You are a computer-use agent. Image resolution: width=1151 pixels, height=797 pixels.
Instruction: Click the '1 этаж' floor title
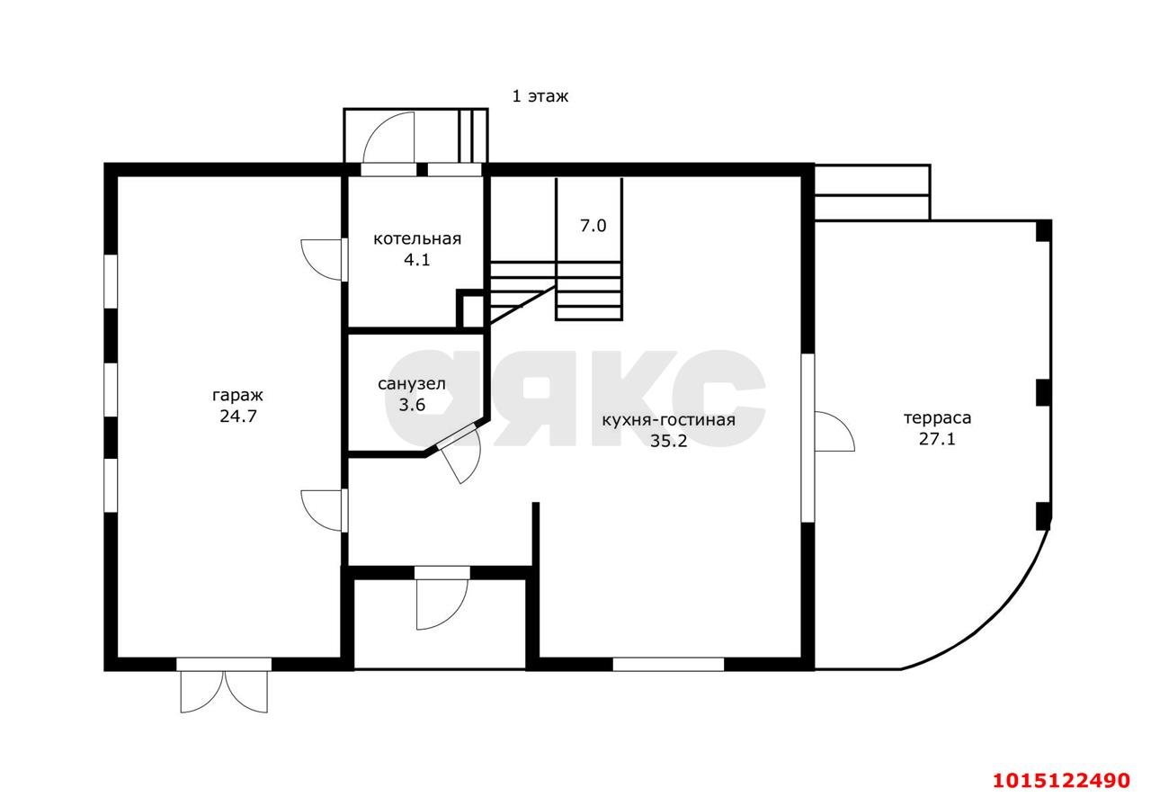click(540, 96)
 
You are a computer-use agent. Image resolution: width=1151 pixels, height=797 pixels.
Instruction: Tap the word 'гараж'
click(237, 396)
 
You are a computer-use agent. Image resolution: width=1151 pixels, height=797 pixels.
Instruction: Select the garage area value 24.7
click(238, 416)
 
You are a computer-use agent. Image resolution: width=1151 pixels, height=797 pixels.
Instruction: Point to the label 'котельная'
click(416, 239)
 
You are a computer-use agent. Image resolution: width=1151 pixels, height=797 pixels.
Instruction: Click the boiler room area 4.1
click(416, 260)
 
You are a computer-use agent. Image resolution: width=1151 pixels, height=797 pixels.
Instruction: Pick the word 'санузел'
click(412, 384)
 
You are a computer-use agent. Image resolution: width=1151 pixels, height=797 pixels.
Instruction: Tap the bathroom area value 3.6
click(412, 405)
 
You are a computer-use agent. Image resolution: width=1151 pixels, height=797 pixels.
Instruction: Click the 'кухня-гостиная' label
click(668, 420)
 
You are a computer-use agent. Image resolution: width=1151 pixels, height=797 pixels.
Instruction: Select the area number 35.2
click(668, 441)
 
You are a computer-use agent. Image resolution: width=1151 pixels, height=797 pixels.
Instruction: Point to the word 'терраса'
click(937, 418)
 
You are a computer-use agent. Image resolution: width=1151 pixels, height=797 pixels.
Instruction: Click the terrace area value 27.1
click(937, 439)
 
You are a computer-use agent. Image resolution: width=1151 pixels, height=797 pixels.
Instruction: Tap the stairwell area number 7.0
click(593, 226)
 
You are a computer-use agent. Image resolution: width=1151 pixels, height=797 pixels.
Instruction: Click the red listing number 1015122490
click(1061, 780)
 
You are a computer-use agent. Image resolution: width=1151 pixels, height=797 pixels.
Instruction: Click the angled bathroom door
click(459, 453)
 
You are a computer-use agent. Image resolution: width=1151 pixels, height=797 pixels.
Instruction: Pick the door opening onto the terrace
click(834, 432)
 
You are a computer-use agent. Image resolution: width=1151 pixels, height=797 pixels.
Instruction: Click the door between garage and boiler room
click(322, 260)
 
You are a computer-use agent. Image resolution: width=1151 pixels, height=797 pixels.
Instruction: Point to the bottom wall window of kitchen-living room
click(668, 665)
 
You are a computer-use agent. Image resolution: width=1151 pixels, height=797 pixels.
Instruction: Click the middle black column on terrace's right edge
click(1043, 392)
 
